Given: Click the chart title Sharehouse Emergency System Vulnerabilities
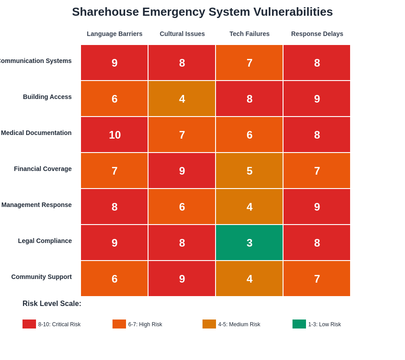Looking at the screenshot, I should [202, 12].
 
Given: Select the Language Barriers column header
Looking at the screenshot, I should [114, 34].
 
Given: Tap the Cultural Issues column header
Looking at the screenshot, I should [182, 34].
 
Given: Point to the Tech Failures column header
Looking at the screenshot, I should [249, 34].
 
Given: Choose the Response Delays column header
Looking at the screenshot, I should [317, 34].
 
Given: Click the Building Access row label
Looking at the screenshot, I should [47, 97].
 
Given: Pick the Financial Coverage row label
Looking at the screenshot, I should [43, 169].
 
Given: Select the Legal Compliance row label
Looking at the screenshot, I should [45, 241].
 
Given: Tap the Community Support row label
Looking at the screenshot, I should [41, 277].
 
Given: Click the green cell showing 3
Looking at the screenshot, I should [249, 243].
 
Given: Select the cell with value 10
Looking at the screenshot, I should [114, 135].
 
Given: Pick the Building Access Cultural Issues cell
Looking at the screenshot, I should [182, 99].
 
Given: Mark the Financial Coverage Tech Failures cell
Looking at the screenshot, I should [249, 171].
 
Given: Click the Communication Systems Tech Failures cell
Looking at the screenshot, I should [249, 63].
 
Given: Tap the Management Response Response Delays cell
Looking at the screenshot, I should [317, 207].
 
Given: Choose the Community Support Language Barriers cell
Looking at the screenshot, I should [114, 279].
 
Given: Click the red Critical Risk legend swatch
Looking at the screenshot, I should [29, 324].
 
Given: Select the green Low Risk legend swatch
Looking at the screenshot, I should [299, 324].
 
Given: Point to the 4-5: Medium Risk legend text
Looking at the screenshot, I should [239, 324].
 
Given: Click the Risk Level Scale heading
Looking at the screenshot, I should [52, 304].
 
